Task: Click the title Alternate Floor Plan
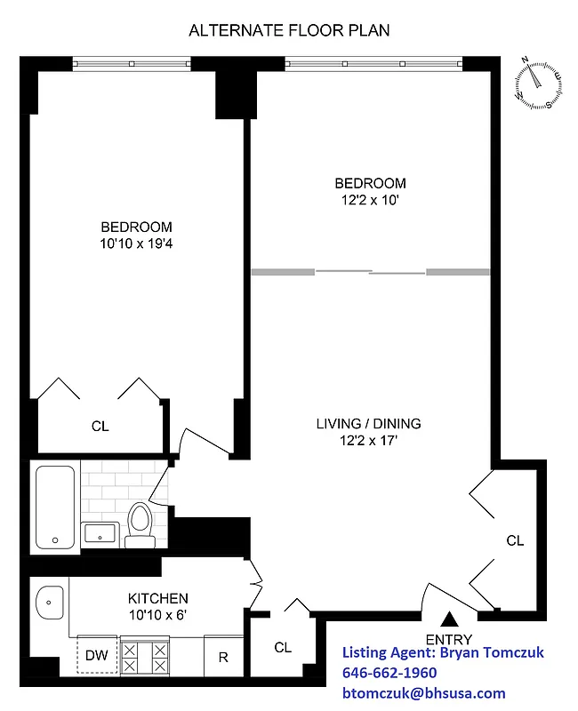pos(289,30)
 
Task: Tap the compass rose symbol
pos(538,84)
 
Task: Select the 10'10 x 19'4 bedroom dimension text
pos(136,243)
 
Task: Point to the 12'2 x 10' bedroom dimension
pos(370,200)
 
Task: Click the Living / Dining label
pos(369,423)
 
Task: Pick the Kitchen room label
pos(157,598)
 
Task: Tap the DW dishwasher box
pos(96,656)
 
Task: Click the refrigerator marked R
pos(223,658)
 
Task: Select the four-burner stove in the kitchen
pos(144,658)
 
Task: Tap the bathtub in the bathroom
pos(55,506)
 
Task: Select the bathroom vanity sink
pos(100,534)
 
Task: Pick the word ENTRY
pos(449,639)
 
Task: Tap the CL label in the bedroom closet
pos(100,427)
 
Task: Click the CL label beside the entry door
pos(515,540)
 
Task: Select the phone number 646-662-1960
pos(389,673)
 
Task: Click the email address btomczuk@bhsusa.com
pos(423,693)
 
